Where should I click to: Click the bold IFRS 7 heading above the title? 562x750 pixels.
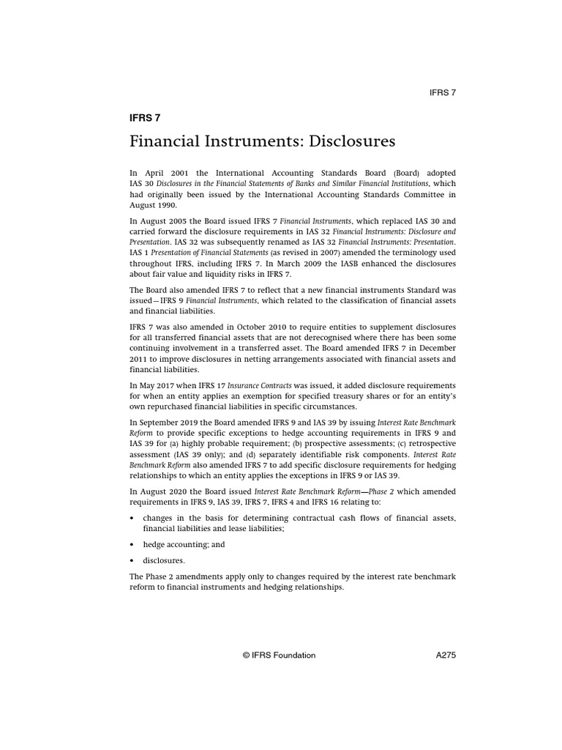[x=144, y=116]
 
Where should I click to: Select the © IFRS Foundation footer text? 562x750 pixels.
[x=280, y=656]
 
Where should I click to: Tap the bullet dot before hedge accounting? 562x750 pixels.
[x=132, y=545]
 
